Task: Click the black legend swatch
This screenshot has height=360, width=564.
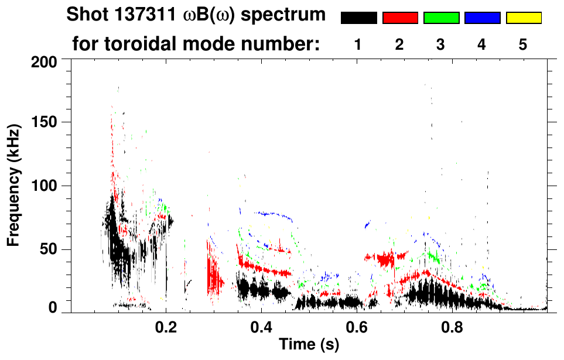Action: tap(359, 18)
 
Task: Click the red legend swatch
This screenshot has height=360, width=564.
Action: tap(400, 18)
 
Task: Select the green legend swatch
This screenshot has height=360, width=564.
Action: tap(441, 18)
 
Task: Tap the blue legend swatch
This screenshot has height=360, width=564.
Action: tap(482, 18)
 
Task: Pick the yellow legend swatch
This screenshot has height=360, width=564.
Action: tap(523, 18)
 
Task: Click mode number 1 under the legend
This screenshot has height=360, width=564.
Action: tap(358, 44)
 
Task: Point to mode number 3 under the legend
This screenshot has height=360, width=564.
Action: tap(440, 44)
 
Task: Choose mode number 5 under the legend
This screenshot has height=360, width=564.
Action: tap(523, 44)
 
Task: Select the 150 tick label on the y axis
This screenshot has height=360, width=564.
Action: tap(43, 123)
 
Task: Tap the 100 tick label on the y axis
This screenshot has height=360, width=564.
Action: tap(43, 186)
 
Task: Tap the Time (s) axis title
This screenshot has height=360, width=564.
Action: tap(309, 345)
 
